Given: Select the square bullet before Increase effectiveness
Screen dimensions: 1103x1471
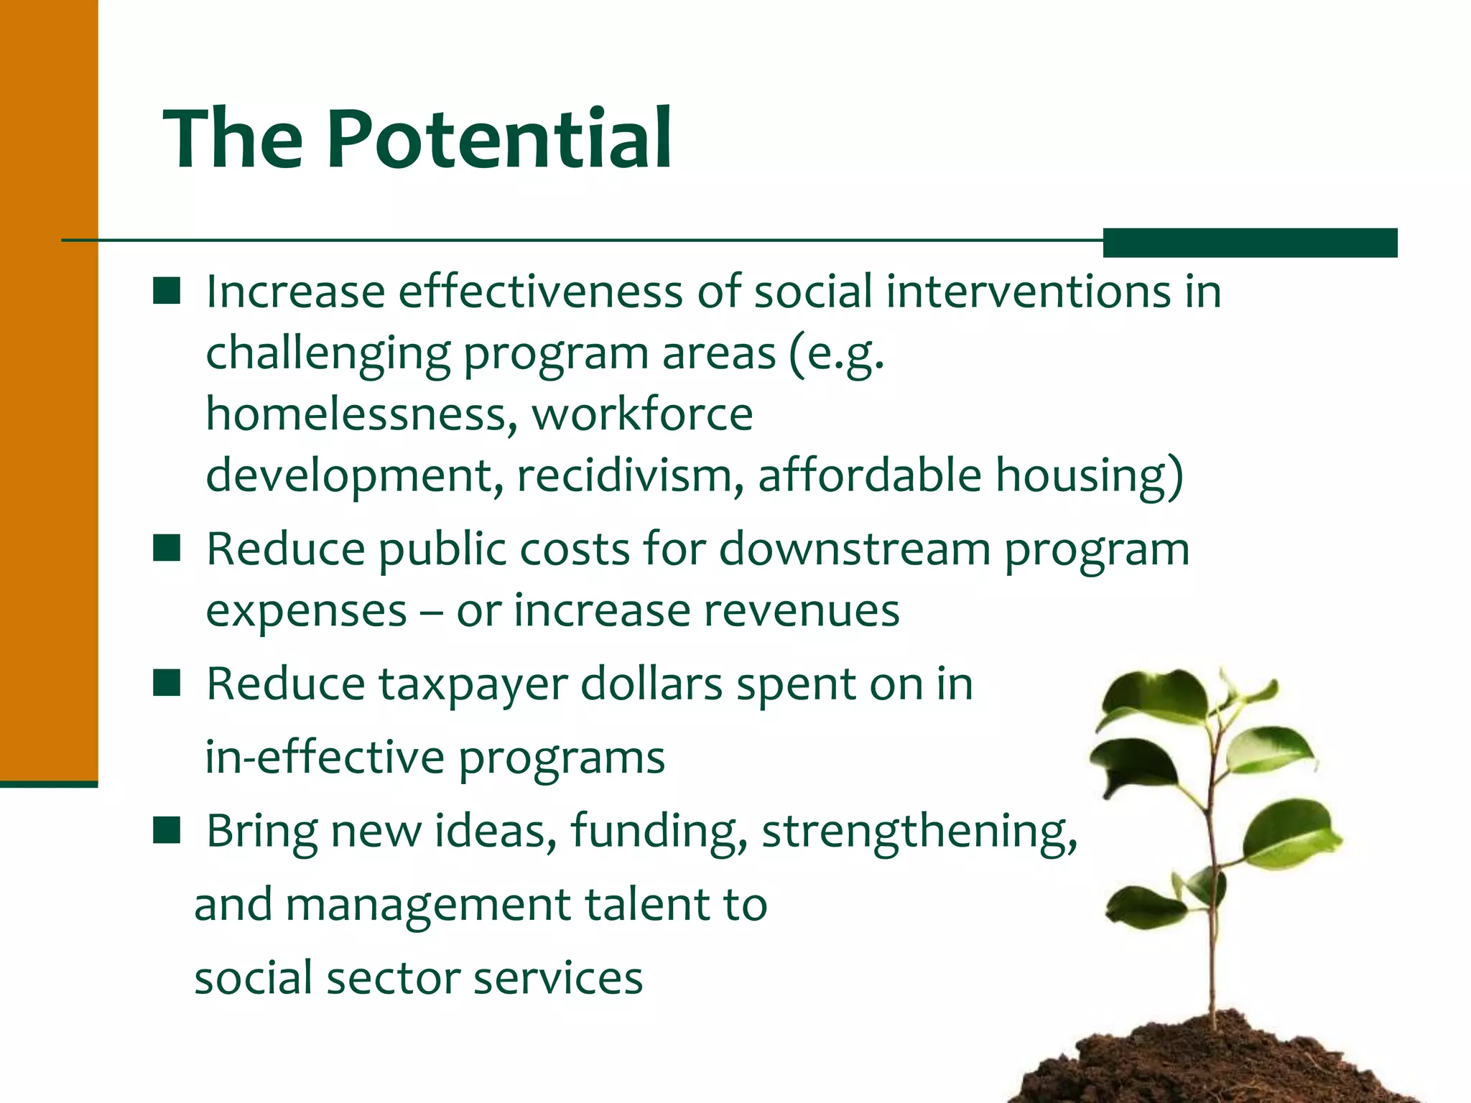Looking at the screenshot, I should pos(167,292).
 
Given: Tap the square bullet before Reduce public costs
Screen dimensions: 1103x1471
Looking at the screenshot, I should pos(167,549).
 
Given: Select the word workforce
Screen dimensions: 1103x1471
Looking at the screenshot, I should pos(642,414).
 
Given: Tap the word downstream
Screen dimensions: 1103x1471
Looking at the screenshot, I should pos(855,549).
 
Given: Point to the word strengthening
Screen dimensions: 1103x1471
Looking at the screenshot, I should pos(919,831).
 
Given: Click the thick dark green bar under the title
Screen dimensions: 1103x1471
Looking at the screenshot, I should pos(1250,242).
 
